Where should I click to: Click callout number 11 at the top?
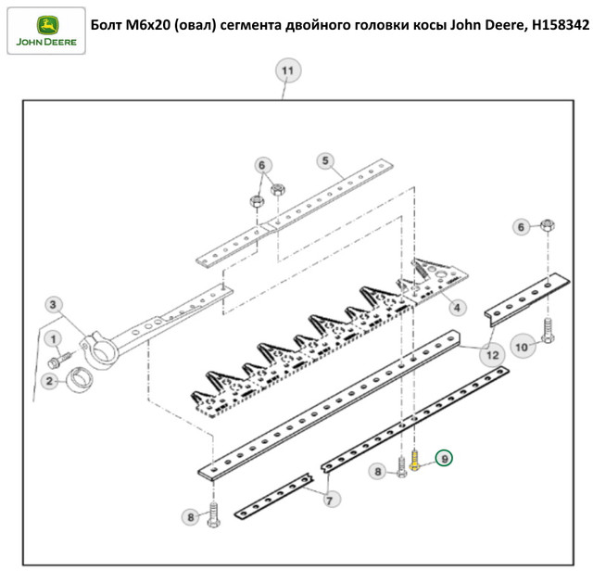(x=286, y=70)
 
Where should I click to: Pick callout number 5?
(x=325, y=160)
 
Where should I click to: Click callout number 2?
(x=48, y=380)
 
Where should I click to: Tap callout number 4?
(x=457, y=306)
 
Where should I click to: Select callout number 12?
(x=491, y=352)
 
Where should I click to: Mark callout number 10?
(x=522, y=347)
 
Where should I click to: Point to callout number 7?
(x=330, y=500)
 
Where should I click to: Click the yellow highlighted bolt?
(x=414, y=459)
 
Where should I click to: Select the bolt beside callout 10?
(x=547, y=331)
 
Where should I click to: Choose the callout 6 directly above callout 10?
(x=521, y=226)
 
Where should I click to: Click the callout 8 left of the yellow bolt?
(x=377, y=472)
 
